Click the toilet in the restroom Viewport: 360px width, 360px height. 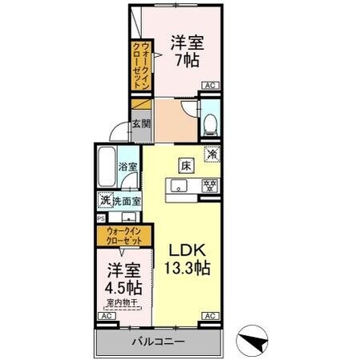[209, 123]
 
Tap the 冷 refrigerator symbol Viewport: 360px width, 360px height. [212, 154]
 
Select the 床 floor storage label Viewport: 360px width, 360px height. [185, 167]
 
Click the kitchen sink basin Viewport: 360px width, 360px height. [178, 187]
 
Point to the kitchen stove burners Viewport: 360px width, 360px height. [208, 187]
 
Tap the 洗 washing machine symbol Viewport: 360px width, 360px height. [104, 200]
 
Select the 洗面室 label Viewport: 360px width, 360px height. [127, 200]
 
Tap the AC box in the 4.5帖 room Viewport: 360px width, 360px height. [104, 317]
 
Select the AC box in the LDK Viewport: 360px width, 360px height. [209, 317]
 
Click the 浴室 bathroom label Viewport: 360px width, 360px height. [127, 167]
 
